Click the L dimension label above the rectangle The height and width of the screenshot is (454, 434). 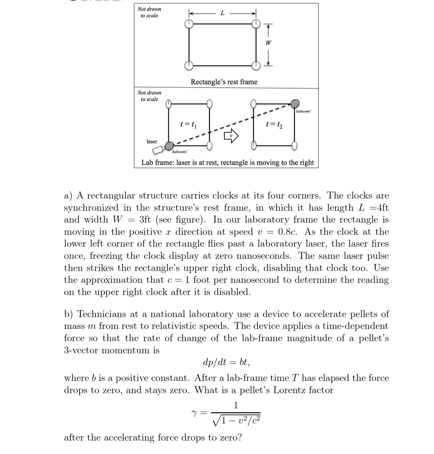point(222,13)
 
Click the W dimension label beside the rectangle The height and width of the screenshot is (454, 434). point(268,43)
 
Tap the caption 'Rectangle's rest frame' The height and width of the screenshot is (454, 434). point(224,82)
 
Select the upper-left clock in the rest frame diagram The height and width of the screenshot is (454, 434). point(189,23)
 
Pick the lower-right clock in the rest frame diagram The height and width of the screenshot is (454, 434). point(256,66)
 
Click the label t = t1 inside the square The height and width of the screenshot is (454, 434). point(188,125)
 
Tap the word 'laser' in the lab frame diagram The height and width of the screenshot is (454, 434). point(152,141)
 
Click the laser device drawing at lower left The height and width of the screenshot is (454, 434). point(158,150)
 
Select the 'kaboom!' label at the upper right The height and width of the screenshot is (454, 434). point(303,111)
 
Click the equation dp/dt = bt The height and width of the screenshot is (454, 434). point(226,362)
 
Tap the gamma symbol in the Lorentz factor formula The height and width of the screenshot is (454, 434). point(195,412)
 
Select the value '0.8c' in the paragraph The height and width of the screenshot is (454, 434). point(288,232)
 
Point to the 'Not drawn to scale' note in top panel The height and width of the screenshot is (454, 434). point(149,12)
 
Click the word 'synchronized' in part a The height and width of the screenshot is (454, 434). point(91,208)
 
